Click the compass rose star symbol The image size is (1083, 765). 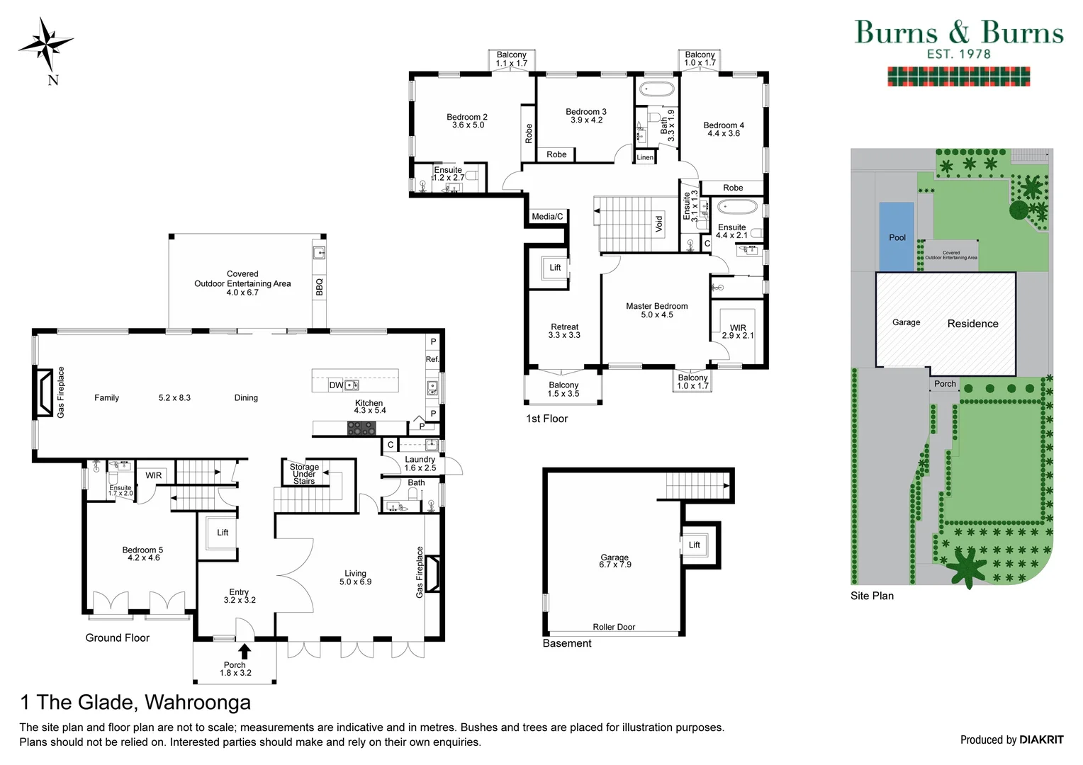pyautogui.click(x=45, y=44)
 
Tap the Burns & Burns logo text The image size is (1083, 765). pyautogui.click(x=958, y=33)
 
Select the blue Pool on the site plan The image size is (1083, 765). pyautogui.click(x=897, y=237)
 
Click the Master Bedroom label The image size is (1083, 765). pyautogui.click(x=656, y=306)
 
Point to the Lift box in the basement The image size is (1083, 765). pyautogui.click(x=694, y=545)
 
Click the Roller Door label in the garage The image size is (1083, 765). pyautogui.click(x=614, y=627)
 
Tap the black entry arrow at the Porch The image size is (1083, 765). pyautogui.click(x=245, y=651)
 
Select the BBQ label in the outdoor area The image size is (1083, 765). pyautogui.click(x=319, y=286)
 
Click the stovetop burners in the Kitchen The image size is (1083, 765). pyautogui.click(x=361, y=428)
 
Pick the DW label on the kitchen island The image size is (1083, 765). pyautogui.click(x=336, y=385)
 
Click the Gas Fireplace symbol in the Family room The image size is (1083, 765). pyautogui.click(x=45, y=393)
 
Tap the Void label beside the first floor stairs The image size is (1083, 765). pyautogui.click(x=658, y=224)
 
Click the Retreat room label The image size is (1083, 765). pyautogui.click(x=564, y=327)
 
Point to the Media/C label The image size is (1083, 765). pyautogui.click(x=547, y=217)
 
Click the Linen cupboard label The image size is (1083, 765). pyautogui.click(x=645, y=157)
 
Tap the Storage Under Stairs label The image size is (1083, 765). pyautogui.click(x=304, y=474)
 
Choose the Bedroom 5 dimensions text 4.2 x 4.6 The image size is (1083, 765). pyautogui.click(x=143, y=558)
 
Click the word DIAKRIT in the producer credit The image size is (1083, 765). pyautogui.click(x=1041, y=739)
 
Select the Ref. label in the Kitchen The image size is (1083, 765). pyautogui.click(x=432, y=359)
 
